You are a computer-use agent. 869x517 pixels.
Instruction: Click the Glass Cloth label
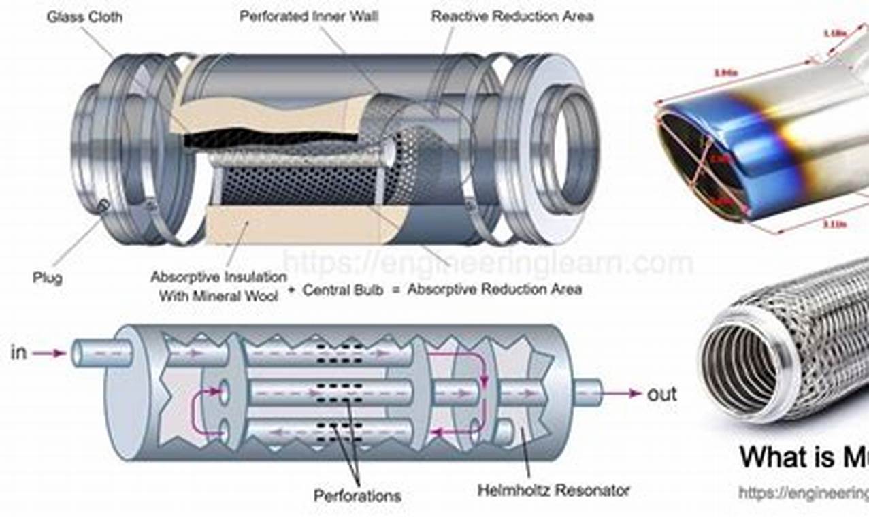click(84, 17)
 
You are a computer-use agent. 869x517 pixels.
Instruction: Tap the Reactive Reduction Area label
click(512, 16)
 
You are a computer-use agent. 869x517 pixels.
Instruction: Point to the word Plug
click(47, 278)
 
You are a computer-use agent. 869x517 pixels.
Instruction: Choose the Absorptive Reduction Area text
click(495, 289)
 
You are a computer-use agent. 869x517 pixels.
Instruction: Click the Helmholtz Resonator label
click(553, 490)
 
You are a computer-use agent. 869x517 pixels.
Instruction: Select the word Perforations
click(357, 495)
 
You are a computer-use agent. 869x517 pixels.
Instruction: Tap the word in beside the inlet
click(19, 352)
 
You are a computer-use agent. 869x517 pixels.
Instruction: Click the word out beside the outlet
click(661, 394)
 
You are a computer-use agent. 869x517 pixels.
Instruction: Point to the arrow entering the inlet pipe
click(49, 353)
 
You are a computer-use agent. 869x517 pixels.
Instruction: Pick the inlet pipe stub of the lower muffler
click(102, 353)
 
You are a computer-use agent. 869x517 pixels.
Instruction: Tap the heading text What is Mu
click(803, 456)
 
